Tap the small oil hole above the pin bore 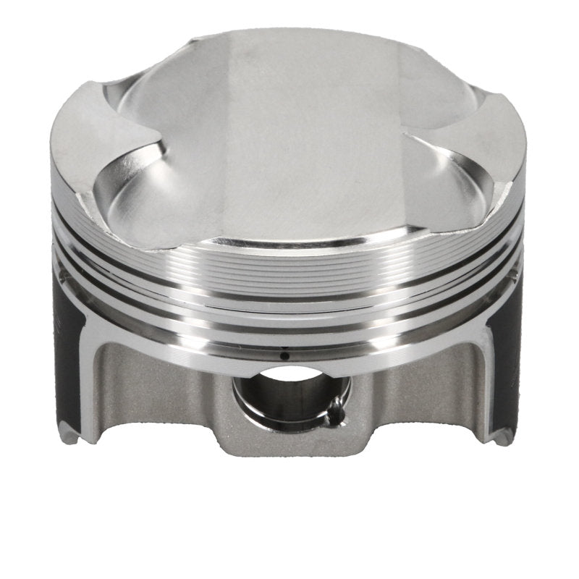click(x=284, y=355)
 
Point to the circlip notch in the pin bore click(x=334, y=415)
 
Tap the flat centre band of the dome click(x=289, y=145)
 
